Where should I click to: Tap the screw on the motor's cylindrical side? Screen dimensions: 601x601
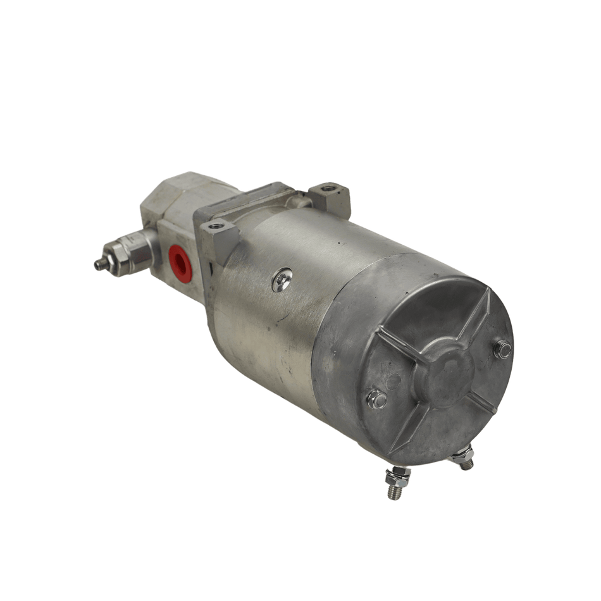282,280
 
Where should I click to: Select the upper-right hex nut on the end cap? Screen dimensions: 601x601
503,348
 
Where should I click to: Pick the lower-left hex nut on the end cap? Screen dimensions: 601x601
377,399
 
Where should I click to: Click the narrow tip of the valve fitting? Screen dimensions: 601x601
99,266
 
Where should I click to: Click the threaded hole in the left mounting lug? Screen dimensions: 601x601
216,225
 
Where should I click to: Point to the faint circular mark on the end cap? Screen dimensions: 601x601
393,381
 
